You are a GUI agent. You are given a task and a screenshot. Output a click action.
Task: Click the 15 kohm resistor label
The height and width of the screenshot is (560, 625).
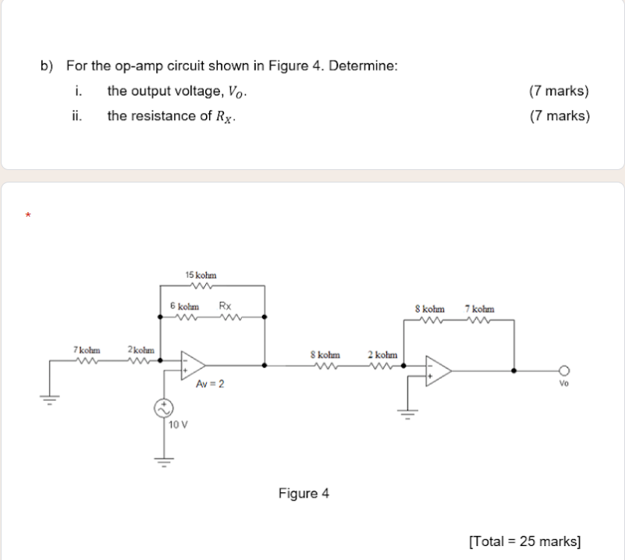pos(201,275)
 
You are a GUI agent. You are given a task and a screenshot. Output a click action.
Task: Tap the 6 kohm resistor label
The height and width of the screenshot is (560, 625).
pos(184,306)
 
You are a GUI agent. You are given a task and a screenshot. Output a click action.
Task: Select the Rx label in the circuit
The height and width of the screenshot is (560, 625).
pos(225,306)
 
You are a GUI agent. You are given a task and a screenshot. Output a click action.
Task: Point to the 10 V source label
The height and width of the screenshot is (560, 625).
pos(178,424)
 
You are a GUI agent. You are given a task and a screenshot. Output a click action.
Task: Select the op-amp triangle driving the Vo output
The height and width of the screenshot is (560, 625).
pos(438,370)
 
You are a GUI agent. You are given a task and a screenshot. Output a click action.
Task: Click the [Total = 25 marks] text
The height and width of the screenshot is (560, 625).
pos(524,540)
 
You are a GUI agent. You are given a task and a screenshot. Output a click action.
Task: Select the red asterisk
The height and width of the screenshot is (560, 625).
pos(28,214)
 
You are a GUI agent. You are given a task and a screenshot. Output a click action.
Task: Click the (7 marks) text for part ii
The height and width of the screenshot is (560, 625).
pos(559,116)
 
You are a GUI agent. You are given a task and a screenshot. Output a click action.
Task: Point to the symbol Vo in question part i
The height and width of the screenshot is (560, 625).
pos(238,92)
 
